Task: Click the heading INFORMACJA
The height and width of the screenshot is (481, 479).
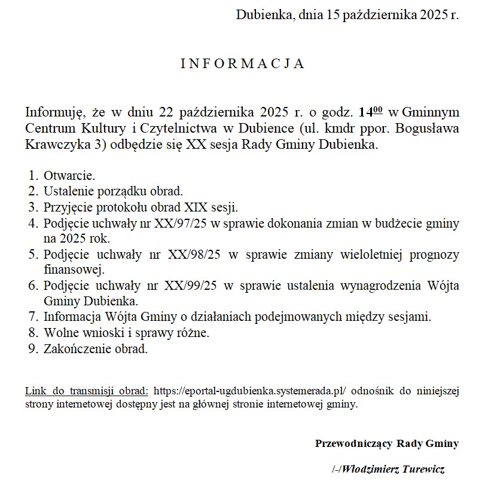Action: pyautogui.click(x=243, y=64)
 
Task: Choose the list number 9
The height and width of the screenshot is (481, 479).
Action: pyautogui.click(x=32, y=348)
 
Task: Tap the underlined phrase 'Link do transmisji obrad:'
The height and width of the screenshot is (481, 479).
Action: pyautogui.click(x=87, y=391)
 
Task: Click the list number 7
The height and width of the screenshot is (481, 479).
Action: pyautogui.click(x=32, y=317)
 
